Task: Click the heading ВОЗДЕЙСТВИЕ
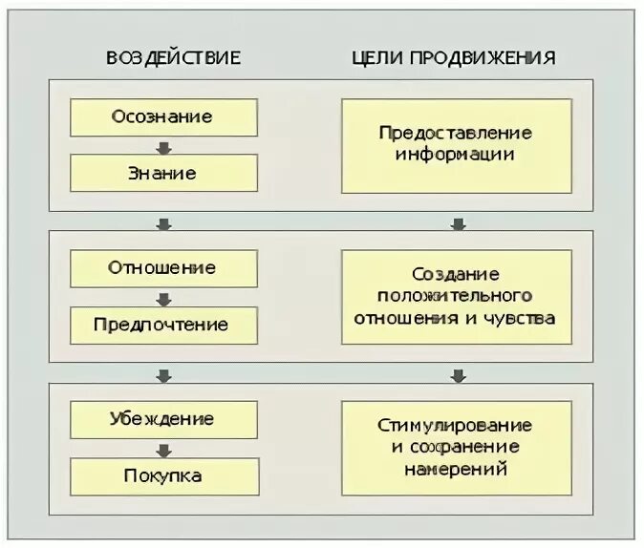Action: (x=173, y=56)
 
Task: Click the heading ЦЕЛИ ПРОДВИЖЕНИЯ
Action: (x=453, y=56)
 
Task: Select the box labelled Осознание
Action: (x=163, y=117)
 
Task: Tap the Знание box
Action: (x=163, y=174)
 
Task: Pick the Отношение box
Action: (x=163, y=268)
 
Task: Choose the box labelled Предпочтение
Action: (x=163, y=325)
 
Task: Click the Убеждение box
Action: (x=163, y=419)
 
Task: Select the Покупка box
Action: (x=163, y=476)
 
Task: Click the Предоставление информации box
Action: (x=456, y=145)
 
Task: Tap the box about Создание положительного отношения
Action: (x=456, y=297)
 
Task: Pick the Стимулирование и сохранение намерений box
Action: (x=456, y=447)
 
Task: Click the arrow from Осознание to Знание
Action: (x=163, y=146)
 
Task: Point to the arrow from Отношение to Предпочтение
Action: (x=163, y=297)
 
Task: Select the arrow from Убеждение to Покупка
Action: (x=163, y=449)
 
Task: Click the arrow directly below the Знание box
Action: (x=163, y=223)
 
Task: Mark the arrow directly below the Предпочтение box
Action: (x=163, y=374)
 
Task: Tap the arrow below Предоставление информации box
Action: (x=458, y=223)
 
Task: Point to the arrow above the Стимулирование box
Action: (x=458, y=374)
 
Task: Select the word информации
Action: (x=456, y=154)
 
